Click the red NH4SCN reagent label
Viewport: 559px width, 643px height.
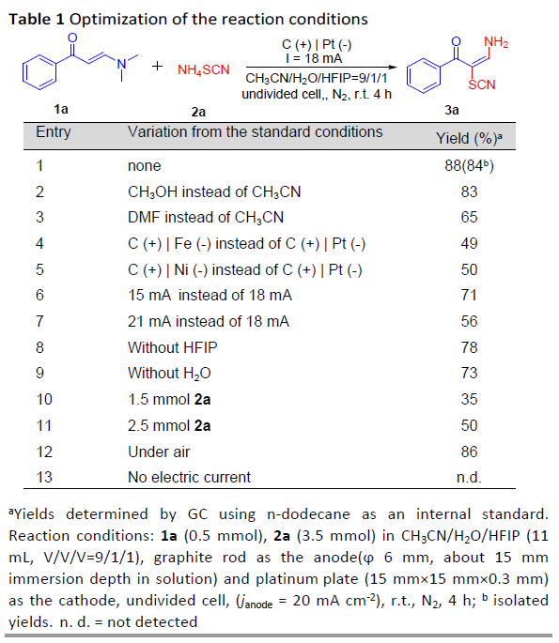(204, 70)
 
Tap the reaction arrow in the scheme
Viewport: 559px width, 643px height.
(321, 68)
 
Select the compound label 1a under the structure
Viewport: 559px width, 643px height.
(61, 109)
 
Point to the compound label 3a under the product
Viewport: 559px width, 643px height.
(452, 110)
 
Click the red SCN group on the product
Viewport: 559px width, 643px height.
(482, 84)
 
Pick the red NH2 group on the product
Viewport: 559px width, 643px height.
(496, 42)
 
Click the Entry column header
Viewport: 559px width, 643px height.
(54, 132)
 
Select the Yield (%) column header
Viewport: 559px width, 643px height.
(469, 139)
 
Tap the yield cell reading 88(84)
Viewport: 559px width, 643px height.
(469, 165)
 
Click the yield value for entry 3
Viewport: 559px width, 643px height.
(469, 218)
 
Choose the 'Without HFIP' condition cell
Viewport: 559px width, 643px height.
(172, 347)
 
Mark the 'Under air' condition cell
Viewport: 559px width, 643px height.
(159, 452)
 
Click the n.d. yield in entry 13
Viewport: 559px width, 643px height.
(469, 478)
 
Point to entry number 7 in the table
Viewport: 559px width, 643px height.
(39, 321)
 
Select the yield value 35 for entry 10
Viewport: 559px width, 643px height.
(469, 400)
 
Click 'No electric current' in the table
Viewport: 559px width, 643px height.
(189, 478)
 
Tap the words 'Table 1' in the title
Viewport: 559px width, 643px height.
(37, 20)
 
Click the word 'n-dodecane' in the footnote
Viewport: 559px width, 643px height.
(309, 514)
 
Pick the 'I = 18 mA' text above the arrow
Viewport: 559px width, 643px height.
(314, 58)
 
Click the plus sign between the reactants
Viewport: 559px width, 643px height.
(157, 66)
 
